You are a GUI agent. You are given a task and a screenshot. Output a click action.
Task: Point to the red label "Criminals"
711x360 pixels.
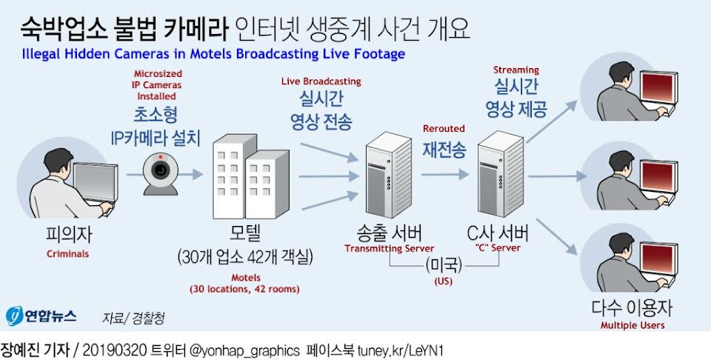pos(68,253)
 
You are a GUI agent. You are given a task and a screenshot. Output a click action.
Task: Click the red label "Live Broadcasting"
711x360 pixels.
pos(321,80)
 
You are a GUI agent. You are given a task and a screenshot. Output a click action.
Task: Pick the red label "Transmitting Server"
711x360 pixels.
pos(389,248)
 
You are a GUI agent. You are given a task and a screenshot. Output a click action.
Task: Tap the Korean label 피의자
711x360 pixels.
pos(68,235)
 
